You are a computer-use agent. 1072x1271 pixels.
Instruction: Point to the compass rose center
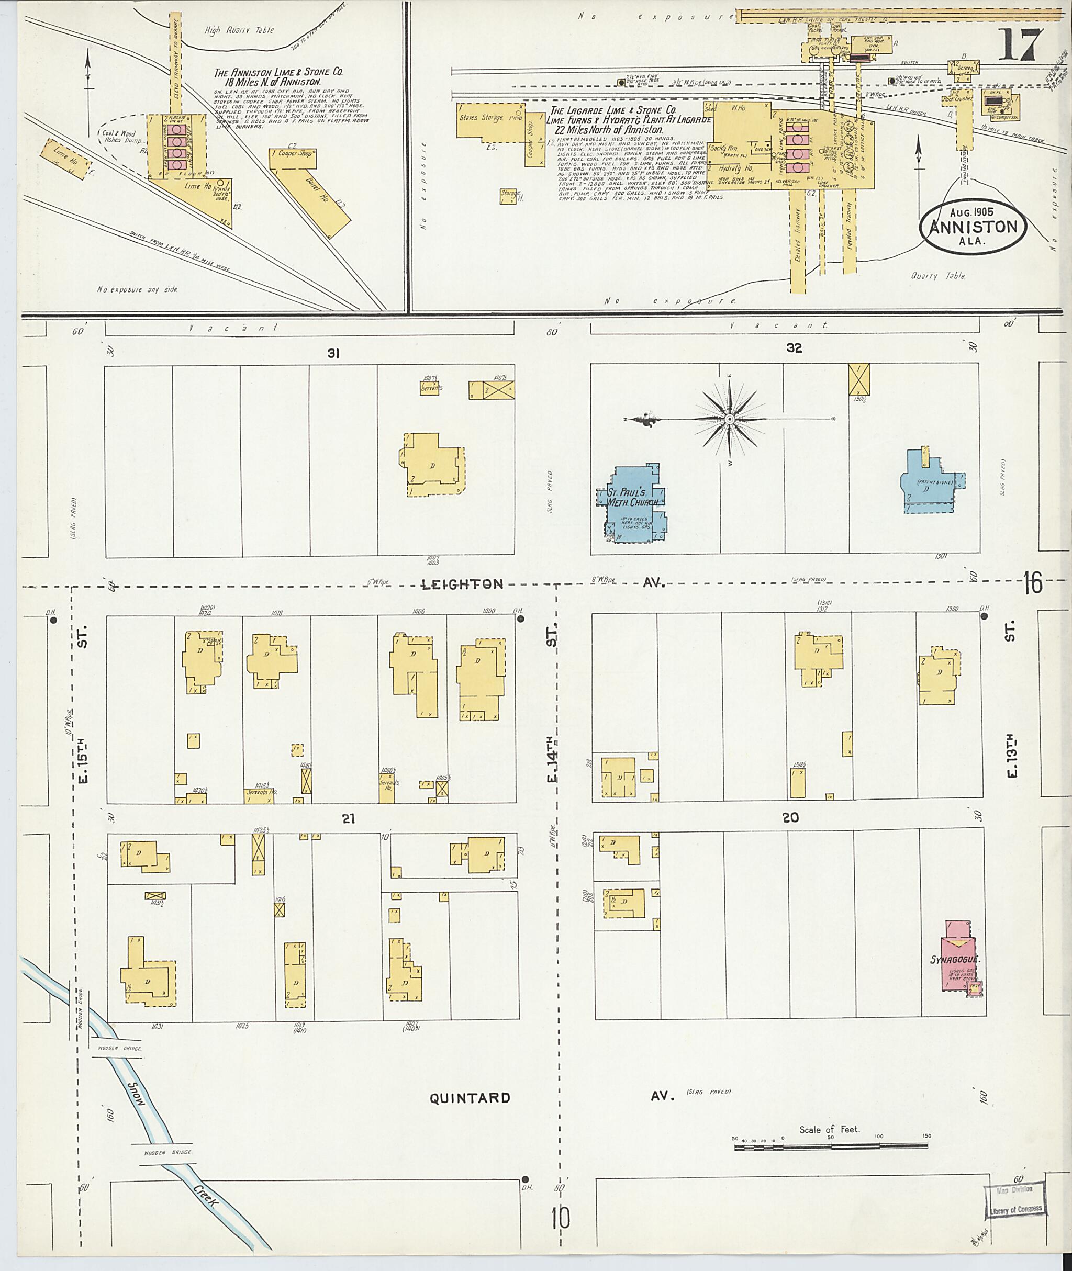pos(730,420)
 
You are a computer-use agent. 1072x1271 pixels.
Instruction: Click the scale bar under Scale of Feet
pos(831,1146)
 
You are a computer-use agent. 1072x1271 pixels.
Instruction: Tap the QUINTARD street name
pos(470,1098)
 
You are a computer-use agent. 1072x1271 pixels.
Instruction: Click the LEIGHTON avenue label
pos(463,584)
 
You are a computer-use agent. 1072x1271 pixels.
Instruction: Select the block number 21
pos(348,819)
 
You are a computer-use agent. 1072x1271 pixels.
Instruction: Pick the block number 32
pos(794,348)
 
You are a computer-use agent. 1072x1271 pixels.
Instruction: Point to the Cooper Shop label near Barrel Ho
pos(295,153)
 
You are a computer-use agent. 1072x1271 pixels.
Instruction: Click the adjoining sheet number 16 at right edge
pos(1033,583)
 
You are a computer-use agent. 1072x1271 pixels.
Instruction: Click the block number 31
pos(332,353)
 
